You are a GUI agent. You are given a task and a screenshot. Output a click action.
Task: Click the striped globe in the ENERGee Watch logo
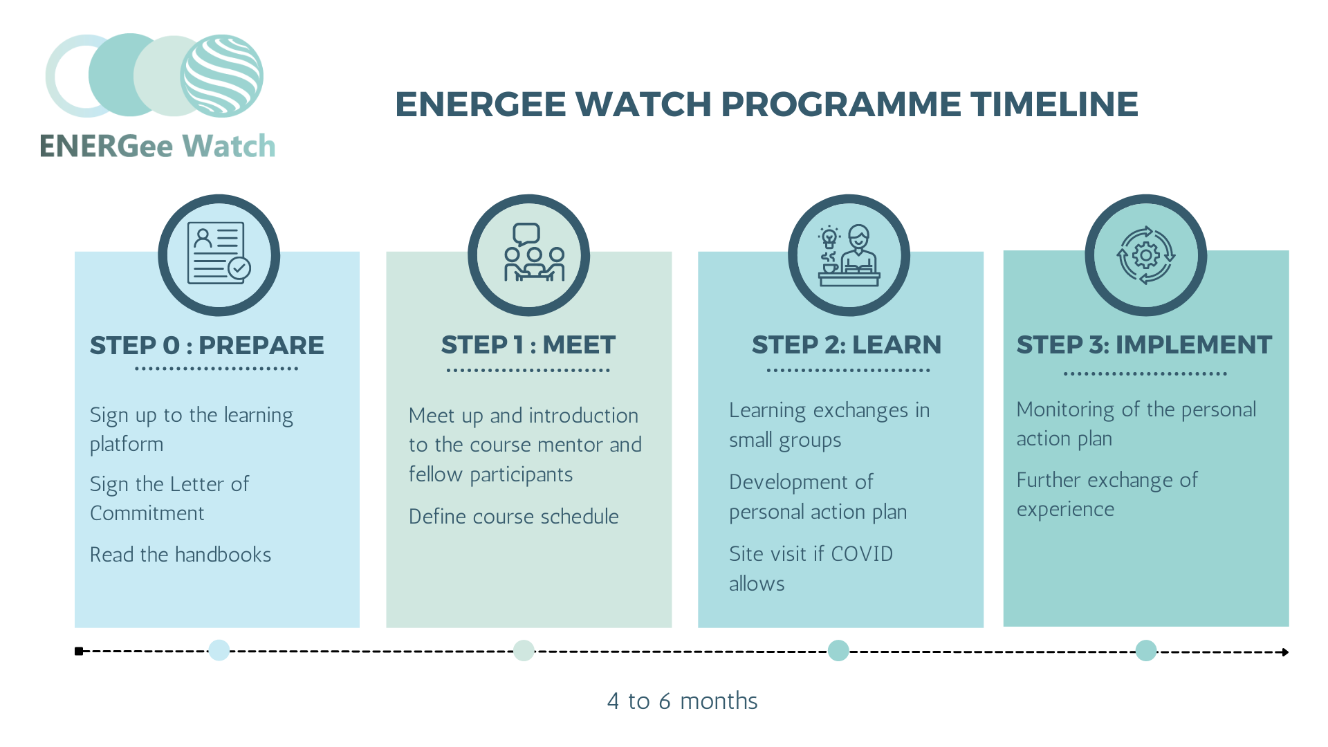coord(222,76)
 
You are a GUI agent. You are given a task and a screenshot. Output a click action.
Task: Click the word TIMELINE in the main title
coord(1054,104)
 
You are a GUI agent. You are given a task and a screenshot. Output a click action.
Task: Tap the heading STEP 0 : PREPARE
coord(207,345)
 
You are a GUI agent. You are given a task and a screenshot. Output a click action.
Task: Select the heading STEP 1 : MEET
coord(528,344)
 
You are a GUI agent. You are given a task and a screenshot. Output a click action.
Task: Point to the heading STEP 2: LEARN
coord(847,344)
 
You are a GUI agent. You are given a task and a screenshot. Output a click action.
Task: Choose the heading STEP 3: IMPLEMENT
coord(1144,344)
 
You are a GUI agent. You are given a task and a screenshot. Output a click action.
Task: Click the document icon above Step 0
coord(219,253)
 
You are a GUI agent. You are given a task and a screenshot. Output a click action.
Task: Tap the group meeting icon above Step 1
coord(534,252)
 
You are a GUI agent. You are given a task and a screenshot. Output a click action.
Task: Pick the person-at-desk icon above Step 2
coord(849,255)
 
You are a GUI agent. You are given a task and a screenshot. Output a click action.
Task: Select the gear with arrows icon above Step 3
coord(1146,255)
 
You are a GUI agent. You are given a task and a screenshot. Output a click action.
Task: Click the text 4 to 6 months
coord(682,701)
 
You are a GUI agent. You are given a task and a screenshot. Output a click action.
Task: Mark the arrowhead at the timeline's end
coord(1285,652)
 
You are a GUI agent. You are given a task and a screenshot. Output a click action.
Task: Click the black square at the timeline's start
coord(79,651)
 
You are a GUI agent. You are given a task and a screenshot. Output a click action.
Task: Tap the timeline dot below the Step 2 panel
coord(838,650)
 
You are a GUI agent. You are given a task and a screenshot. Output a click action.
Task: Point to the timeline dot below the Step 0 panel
coord(219,650)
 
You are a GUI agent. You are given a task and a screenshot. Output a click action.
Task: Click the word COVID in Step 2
coord(862,553)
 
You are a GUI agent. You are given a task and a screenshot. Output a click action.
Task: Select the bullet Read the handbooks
coord(181,554)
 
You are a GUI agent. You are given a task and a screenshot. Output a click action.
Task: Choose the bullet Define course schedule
coord(513,516)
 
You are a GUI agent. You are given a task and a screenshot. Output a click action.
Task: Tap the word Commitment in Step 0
coord(147,513)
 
